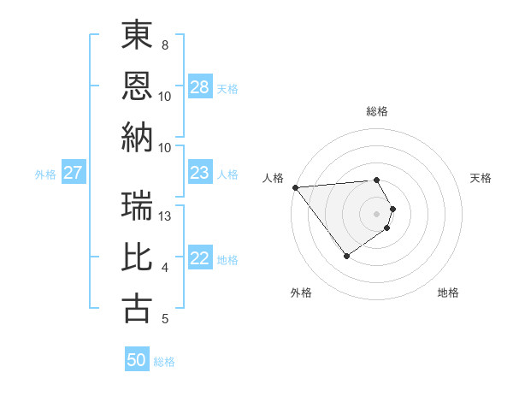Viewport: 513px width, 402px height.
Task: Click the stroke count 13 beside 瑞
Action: (x=165, y=216)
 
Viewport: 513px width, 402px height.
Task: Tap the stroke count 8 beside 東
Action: (x=165, y=44)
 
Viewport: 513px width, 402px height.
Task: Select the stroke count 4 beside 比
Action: (x=165, y=268)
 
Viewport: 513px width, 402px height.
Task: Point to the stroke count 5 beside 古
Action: (x=165, y=319)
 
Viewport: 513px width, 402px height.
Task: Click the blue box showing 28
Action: (x=199, y=87)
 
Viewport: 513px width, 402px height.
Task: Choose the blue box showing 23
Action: (x=199, y=174)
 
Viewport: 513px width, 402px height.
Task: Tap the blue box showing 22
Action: (x=199, y=259)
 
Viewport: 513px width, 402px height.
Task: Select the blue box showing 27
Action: (x=73, y=174)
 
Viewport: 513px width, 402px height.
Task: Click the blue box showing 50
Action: (x=137, y=360)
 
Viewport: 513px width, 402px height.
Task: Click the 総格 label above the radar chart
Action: (x=376, y=111)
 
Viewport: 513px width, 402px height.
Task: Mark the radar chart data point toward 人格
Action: (x=295, y=186)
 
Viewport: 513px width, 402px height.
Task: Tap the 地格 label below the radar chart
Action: (x=448, y=293)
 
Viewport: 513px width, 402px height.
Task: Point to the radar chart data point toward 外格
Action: (x=346, y=255)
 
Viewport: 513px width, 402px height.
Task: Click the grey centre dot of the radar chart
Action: (x=376, y=213)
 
